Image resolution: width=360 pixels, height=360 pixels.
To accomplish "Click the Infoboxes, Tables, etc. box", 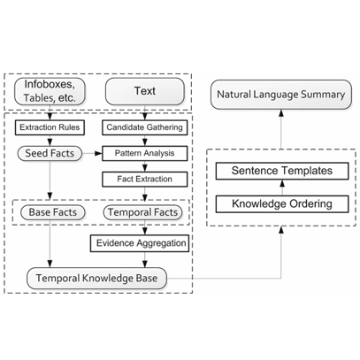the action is coord(50,91).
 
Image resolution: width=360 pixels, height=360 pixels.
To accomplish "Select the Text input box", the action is coord(145,91).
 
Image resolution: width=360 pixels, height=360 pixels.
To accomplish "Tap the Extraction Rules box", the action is coord(50,127).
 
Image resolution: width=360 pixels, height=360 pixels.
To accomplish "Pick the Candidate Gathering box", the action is coord(145,127).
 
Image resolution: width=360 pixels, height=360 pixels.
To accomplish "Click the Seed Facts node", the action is coord(50,153).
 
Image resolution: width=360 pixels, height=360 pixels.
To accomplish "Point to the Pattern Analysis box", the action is coord(145,153).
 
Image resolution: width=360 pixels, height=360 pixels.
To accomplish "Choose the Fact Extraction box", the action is coord(145,180).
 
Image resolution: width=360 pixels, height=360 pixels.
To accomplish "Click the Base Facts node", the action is coord(53,212).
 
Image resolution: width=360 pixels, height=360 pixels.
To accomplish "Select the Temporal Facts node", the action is coord(142,212).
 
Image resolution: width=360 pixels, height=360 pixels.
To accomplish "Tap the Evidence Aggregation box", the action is coord(140,243).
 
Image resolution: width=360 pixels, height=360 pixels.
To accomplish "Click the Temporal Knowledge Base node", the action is coord(96,279).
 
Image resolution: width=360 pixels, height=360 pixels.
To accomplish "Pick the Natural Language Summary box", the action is coord(281,95).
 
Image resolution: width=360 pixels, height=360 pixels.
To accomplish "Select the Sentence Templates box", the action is coord(282,171).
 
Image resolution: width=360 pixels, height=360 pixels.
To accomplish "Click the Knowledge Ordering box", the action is coord(282,203).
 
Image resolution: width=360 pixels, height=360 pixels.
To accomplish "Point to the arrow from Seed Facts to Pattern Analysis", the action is coord(92,153).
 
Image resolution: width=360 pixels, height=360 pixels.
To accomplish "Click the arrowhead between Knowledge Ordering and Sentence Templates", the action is coord(282,183).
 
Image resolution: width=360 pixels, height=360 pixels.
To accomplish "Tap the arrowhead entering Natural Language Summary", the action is coord(281,113).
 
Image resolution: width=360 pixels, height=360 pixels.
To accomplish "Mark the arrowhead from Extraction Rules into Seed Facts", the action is coord(50,142).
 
